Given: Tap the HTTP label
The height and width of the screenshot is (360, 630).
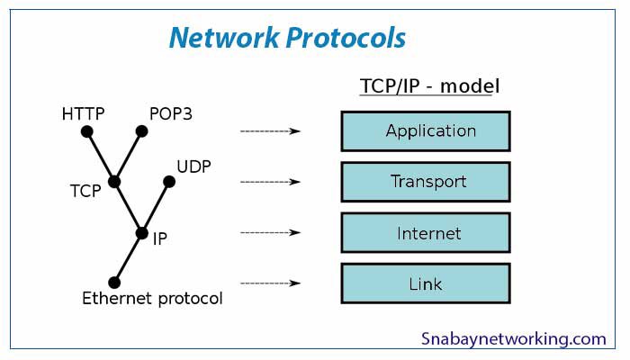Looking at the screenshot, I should tap(84, 114).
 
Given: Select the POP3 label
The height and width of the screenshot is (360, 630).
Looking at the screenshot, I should tap(171, 114).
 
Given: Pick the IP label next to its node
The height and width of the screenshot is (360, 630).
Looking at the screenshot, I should tap(159, 239).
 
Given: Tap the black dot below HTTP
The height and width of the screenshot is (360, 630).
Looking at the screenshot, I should tap(87, 131).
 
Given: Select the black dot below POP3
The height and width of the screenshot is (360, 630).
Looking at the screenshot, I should tap(141, 131).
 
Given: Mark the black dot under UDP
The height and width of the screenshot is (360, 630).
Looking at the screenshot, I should tap(168, 182).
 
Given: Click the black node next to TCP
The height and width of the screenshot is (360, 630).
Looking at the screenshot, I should tap(114, 182).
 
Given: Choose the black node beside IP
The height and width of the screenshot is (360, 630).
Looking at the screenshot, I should tap(141, 233).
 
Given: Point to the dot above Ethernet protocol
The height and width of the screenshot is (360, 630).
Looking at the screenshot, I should tap(114, 283).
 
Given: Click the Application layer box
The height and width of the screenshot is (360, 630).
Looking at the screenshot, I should tap(426, 131).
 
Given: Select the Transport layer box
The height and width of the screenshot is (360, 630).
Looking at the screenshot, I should tap(426, 182).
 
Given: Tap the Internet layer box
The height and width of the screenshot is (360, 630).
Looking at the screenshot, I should tap(426, 233).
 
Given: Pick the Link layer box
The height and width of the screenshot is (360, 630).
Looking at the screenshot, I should tap(426, 283).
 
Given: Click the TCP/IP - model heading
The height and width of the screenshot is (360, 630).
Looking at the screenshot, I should tap(430, 87).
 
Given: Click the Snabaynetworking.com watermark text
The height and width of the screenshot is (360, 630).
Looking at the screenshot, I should tap(514, 339).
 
